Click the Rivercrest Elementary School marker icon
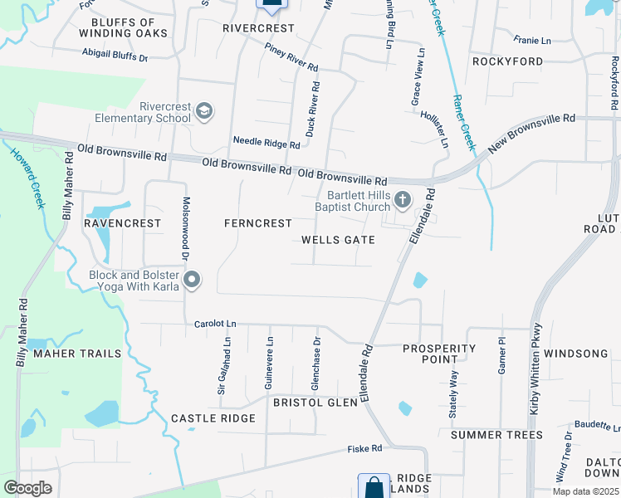point(205,111)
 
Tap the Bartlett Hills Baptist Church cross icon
point(403,198)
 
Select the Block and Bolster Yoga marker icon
point(193,280)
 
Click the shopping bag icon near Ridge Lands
point(374,486)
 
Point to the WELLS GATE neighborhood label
point(338,240)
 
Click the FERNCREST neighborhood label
point(258,223)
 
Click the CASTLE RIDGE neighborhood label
point(213,418)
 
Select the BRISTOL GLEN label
point(315,403)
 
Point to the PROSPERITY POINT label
point(439,354)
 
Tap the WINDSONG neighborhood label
point(576,354)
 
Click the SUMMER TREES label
point(496,435)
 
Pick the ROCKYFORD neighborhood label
point(507,61)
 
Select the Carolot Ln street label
point(214,324)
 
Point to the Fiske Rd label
point(365,449)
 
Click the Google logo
point(27,487)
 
